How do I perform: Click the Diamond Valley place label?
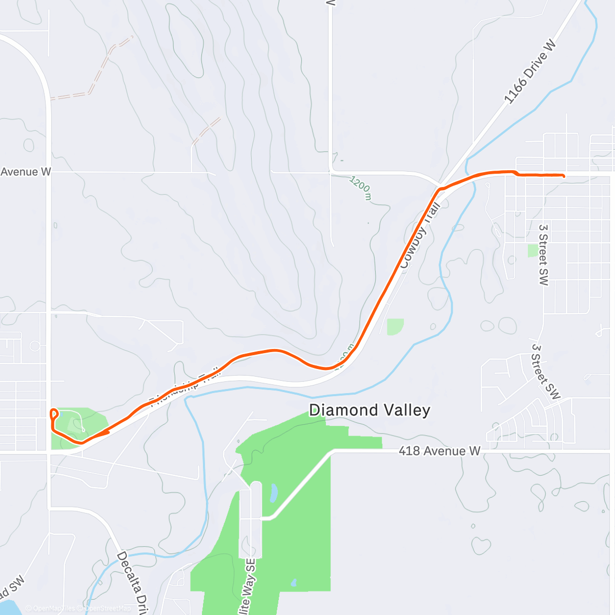coord(370,410)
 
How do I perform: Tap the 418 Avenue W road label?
coord(439,451)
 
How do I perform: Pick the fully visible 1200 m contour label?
coord(360,188)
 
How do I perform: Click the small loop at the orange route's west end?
coord(53,414)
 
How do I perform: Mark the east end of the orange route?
coord(564,176)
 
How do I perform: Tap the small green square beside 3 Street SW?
coord(533,251)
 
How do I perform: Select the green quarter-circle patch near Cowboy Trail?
coord(394,326)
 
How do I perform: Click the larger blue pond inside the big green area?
coord(274,493)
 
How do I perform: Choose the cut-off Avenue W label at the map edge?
coord(26,172)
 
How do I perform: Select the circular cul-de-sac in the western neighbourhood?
coord(35,346)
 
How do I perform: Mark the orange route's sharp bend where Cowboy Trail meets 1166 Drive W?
coord(440,189)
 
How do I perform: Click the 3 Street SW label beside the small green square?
coord(543,254)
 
